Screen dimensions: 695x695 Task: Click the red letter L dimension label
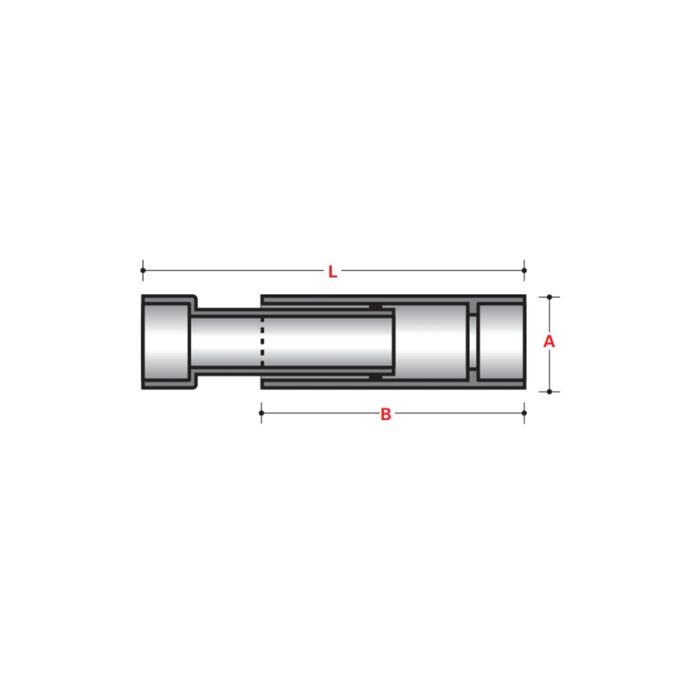[333, 272]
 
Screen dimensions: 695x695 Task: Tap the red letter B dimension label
[386, 414]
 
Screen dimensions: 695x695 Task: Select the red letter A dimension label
[549, 342]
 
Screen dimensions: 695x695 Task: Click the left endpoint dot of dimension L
[143, 270]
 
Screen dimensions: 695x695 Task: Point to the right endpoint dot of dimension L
[524, 270]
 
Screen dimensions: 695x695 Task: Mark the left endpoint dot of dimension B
[262, 413]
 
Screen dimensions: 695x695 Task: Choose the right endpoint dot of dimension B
[524, 413]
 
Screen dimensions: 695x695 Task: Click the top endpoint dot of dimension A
[550, 297]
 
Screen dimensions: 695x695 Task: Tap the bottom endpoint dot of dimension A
[550, 392]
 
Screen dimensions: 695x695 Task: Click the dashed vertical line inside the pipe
[262, 342]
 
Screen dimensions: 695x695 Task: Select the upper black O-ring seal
[375, 307]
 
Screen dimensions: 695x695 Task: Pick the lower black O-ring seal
[375, 377]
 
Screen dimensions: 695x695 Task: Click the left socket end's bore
[166, 342]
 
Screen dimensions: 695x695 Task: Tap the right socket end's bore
[500, 342]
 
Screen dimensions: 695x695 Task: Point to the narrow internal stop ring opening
[472, 342]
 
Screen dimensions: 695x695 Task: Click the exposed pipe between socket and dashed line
[226, 342]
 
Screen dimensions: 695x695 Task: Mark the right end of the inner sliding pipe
[393, 342]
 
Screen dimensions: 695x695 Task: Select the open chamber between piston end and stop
[431, 342]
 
